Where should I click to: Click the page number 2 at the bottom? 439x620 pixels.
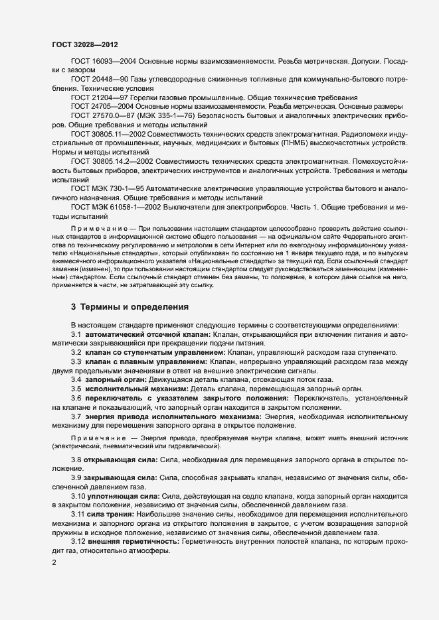(x=54, y=563)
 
